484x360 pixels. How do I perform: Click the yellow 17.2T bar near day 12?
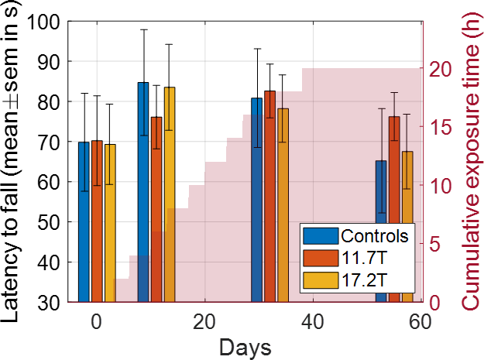170,194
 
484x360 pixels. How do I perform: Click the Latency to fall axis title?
15,163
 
